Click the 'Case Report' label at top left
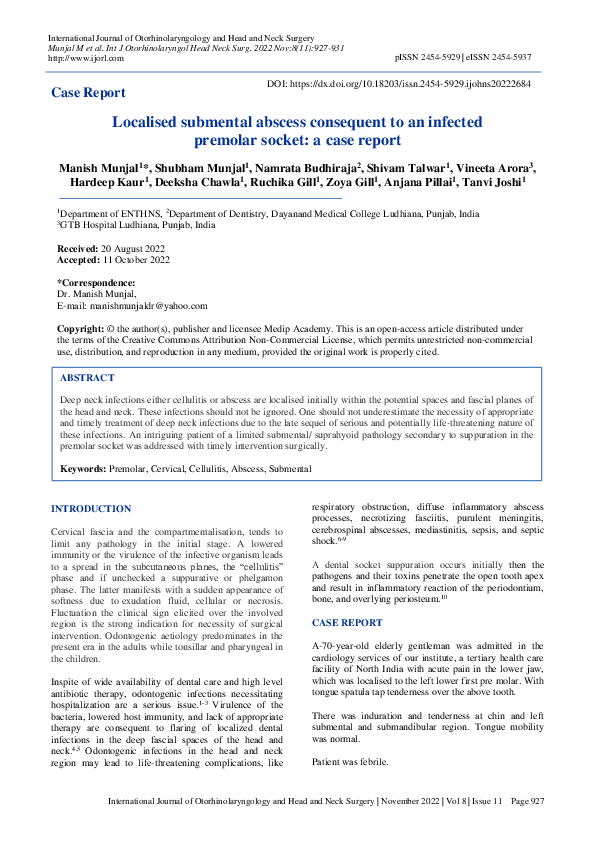pos(88,93)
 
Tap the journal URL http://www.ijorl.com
pos(86,58)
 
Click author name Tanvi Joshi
pos(496,182)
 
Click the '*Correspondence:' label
pos(96,283)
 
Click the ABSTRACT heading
pos(87,379)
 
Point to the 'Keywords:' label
pos(83,468)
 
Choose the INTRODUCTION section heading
pos(91,509)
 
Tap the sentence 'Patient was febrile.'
pos(351,762)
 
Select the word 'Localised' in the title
pos(153,122)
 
